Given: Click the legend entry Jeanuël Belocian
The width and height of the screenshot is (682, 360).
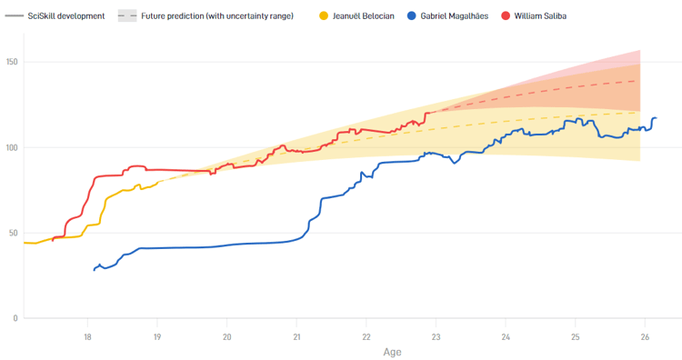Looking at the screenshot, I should click(363, 16).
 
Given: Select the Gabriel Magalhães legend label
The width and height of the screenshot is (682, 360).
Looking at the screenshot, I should click(460, 16).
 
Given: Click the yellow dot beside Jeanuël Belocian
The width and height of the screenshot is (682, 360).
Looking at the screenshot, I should click(325, 16).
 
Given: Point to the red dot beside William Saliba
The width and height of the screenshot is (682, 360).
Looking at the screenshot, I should click(506, 16).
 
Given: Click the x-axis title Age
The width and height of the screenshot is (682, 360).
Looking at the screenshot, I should click(392, 352).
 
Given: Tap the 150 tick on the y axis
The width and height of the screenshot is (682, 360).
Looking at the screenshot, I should click(13, 62).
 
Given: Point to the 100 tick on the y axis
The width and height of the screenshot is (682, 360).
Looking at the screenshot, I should click(13, 147).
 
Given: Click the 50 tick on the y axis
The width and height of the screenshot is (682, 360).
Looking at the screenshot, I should click(13, 233).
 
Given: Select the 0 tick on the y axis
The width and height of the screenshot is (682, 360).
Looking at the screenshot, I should click(15, 318).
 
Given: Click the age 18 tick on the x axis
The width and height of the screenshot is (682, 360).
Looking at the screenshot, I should click(87, 336).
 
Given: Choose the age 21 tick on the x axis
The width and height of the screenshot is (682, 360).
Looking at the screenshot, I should click(296, 336).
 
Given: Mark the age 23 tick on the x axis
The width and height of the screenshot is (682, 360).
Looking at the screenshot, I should click(436, 336).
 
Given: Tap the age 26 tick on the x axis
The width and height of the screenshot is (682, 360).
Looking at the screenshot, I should click(645, 336).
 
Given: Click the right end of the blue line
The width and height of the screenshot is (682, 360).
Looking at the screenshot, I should click(656, 118).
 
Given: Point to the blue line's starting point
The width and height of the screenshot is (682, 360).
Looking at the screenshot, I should click(94, 270).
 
